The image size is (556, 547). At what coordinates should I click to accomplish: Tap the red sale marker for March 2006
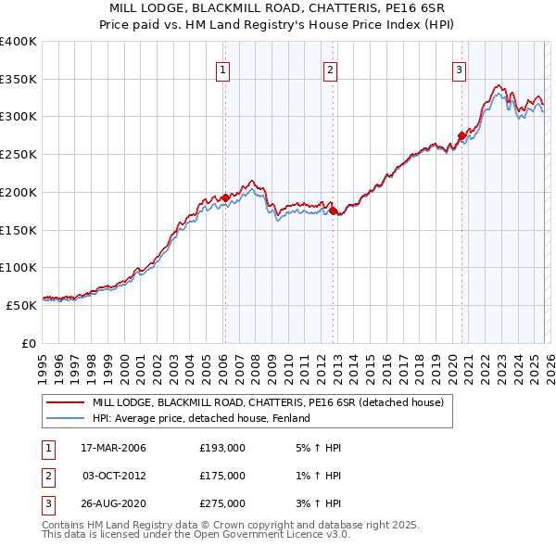point(225,197)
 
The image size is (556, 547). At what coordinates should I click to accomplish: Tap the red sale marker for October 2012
point(333,210)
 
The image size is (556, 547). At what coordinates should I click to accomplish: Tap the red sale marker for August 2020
point(461,135)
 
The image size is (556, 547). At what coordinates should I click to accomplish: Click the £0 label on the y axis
point(29,343)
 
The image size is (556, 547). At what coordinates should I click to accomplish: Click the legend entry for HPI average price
point(201,418)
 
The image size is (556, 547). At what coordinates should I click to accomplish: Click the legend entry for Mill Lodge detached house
point(268,402)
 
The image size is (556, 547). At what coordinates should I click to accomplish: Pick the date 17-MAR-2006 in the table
point(114,448)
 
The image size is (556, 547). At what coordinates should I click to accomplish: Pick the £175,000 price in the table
point(222,476)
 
